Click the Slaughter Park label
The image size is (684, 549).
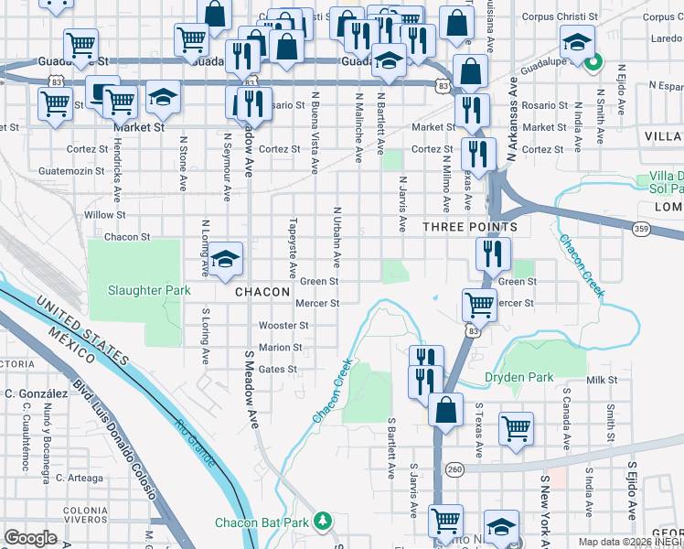[x=149, y=290]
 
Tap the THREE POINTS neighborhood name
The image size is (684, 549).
[x=470, y=226]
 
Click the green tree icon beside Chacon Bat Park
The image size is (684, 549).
[x=322, y=522]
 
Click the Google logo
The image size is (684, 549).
[x=30, y=538]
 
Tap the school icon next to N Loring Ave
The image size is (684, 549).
[x=224, y=261]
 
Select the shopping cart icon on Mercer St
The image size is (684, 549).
[x=479, y=306]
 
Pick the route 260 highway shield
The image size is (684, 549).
[x=454, y=469]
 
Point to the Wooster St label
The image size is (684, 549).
[x=283, y=325]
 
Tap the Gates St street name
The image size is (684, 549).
[x=278, y=369]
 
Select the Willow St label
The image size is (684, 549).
[x=104, y=215]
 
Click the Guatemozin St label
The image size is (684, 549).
[x=76, y=171]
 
